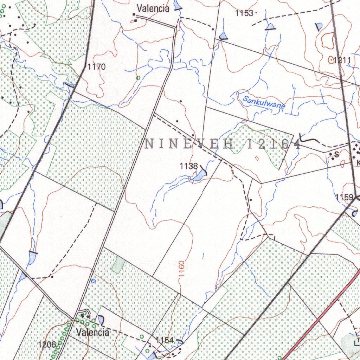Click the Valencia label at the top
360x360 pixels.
click(x=153, y=8)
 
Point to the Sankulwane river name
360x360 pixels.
click(x=264, y=103)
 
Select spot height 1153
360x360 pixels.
click(x=244, y=13)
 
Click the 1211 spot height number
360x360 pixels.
click(x=342, y=60)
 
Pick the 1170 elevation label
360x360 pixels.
click(x=96, y=67)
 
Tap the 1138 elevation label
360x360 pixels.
click(x=188, y=166)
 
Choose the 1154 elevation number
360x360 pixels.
click(x=165, y=340)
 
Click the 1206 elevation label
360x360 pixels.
click(x=47, y=344)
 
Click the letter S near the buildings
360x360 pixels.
click(x=336, y=154)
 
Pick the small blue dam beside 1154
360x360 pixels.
click(x=180, y=341)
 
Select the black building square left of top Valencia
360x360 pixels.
click(x=134, y=14)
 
